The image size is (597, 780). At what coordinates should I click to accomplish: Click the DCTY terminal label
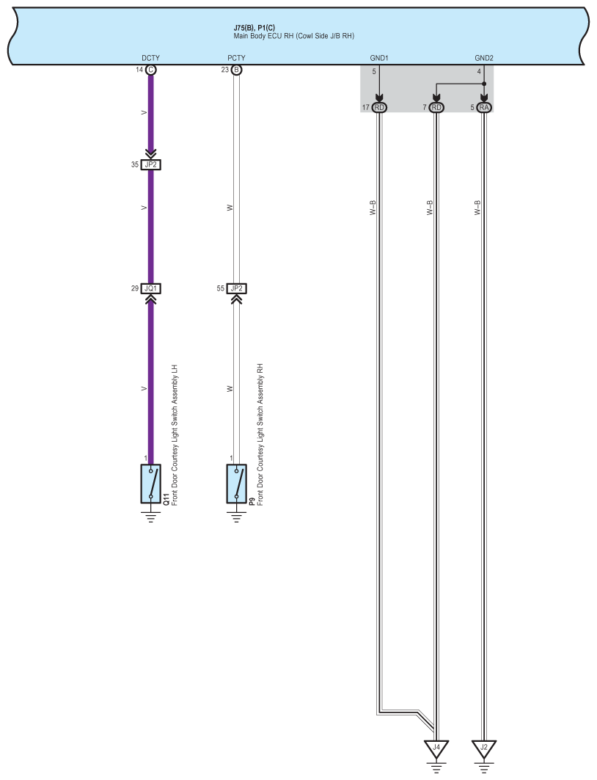point(150,57)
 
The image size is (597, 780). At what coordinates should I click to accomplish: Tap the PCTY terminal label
point(236,57)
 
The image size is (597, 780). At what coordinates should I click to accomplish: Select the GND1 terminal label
point(378,57)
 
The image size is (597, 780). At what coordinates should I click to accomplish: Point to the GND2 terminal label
point(484,57)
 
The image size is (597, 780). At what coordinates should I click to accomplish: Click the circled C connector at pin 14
point(151,70)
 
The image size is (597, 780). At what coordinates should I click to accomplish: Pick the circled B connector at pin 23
point(236,70)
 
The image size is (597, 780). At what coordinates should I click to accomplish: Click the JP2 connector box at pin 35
point(151,164)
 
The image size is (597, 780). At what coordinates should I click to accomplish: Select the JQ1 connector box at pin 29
point(151,288)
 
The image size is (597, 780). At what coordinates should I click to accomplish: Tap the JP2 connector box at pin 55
point(236,288)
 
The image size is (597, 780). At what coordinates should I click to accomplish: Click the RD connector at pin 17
point(379,107)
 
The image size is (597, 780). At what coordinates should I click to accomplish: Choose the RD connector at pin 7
point(436,107)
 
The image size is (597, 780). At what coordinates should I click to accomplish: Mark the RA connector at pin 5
point(484,107)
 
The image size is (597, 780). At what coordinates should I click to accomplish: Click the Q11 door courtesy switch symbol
point(151,484)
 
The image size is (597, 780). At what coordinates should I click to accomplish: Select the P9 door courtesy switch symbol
point(236,484)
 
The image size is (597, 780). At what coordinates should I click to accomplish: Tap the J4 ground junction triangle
point(436,750)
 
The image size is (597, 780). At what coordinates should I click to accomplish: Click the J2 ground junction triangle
point(484,750)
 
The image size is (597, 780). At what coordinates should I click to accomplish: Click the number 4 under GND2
point(479,71)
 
